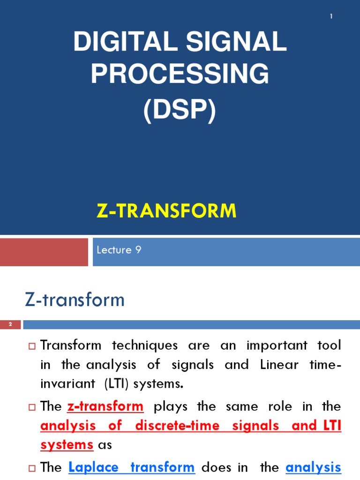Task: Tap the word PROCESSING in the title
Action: point(180,75)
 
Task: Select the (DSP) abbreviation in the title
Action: point(180,112)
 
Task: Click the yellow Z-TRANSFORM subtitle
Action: point(166,211)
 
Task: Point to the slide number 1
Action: point(331,17)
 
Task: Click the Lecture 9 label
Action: point(119,250)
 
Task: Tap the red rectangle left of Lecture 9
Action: point(44,252)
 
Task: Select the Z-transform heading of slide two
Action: point(75,300)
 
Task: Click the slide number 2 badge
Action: point(10,324)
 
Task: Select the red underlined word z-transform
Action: point(105,406)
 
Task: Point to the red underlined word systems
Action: point(67,445)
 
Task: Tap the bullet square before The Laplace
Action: point(32,468)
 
